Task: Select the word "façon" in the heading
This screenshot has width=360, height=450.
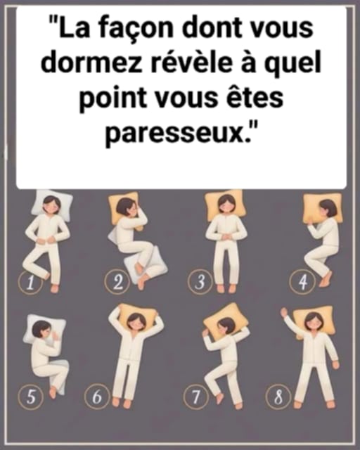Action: click(x=136, y=29)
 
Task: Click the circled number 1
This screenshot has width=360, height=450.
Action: click(x=30, y=283)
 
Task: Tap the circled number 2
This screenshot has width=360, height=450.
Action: click(x=117, y=282)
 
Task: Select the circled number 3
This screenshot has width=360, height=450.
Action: click(x=200, y=282)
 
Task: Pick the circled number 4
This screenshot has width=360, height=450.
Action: click(x=302, y=281)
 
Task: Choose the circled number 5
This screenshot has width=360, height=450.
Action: click(x=31, y=397)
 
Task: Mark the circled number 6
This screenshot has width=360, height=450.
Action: click(x=97, y=397)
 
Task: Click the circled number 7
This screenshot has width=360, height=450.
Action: click(x=196, y=397)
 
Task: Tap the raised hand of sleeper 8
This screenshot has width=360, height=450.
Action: click(x=284, y=312)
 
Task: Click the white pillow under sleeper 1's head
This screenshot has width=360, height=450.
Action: click(x=51, y=205)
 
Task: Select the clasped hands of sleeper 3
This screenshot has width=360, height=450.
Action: click(x=226, y=237)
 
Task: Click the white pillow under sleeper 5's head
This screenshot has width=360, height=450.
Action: click(x=44, y=330)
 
